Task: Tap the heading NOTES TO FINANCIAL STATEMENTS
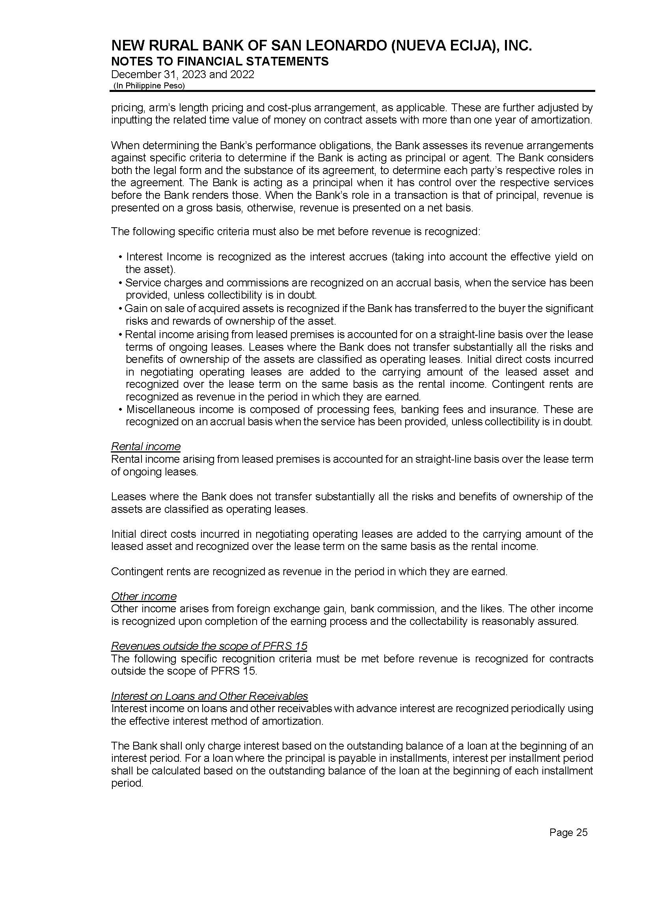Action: coord(220,62)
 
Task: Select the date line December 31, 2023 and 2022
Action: coord(183,75)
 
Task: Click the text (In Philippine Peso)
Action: coord(149,86)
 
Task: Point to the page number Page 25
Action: coord(568,832)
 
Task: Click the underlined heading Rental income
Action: coord(146,446)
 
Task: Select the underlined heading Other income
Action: coord(144,596)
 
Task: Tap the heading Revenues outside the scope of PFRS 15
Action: coord(209,646)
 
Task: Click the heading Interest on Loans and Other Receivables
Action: coord(209,696)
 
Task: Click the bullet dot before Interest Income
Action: coord(121,257)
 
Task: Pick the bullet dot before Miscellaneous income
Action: coord(121,410)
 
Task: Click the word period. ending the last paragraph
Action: coord(127,784)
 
